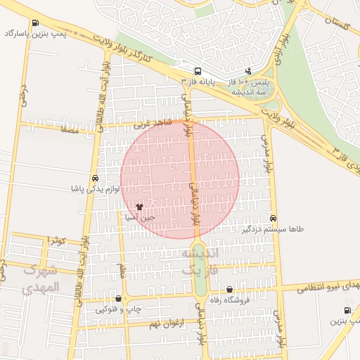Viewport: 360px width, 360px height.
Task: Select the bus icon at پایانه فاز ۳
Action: tap(198, 71)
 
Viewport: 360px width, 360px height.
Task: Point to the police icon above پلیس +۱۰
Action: tap(248, 71)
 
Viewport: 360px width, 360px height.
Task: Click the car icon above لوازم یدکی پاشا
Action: tap(94, 178)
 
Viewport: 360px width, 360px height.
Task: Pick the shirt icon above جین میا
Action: tap(139, 207)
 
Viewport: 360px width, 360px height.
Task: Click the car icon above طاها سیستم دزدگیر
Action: tap(273, 218)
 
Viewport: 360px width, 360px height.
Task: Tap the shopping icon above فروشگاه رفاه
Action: tap(229, 289)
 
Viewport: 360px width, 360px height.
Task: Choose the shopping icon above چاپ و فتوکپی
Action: tap(118, 299)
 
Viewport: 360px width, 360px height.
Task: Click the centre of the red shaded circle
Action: tap(180, 179)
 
